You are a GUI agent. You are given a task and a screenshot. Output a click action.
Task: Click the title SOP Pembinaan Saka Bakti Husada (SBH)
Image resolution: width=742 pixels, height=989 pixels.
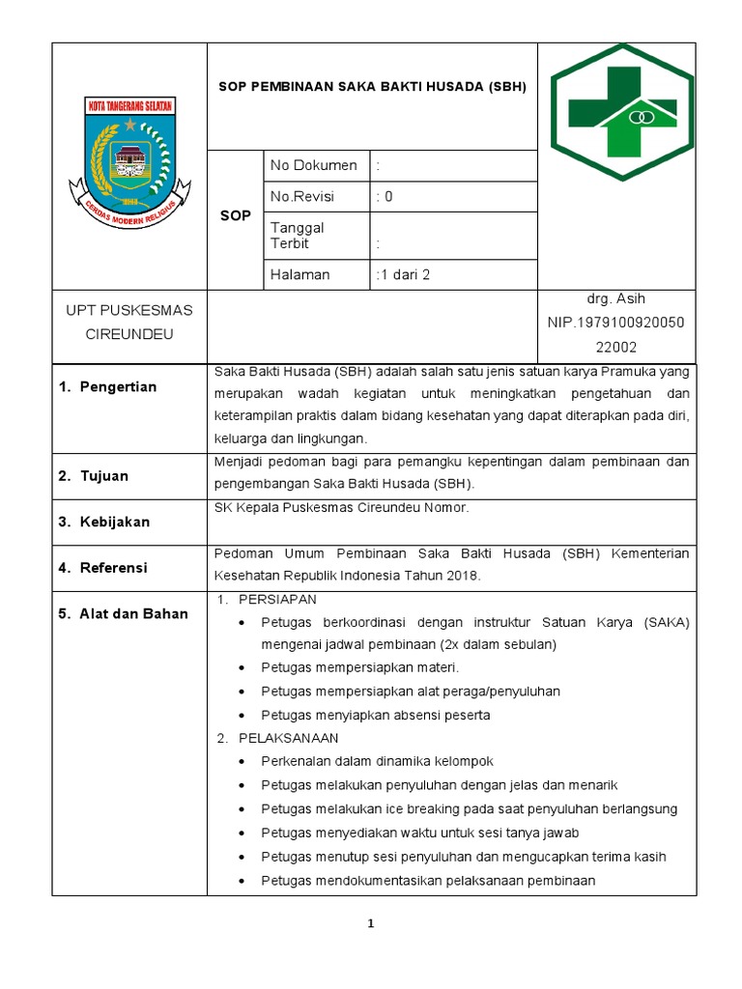pyautogui.click(x=372, y=86)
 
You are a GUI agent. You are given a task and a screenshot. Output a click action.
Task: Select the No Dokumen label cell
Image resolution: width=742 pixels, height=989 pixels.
pyautogui.click(x=314, y=165)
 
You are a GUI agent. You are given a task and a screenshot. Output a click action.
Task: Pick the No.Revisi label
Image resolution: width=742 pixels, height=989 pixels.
pyautogui.click(x=302, y=196)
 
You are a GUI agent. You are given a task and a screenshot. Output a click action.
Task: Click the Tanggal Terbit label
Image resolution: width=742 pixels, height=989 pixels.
pyautogui.click(x=298, y=236)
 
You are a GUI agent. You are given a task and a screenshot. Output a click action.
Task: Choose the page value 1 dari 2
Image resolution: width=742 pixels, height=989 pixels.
pyautogui.click(x=403, y=274)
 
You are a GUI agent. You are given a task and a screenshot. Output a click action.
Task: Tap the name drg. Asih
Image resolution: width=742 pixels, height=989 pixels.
pyautogui.click(x=615, y=298)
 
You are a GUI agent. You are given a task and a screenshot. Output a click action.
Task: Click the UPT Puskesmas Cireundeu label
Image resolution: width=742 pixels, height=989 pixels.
pyautogui.click(x=128, y=323)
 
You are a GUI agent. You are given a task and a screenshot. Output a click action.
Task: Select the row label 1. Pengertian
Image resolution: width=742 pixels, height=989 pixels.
pyautogui.click(x=106, y=387)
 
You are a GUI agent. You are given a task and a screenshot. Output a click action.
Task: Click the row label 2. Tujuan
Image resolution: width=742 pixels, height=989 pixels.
pyautogui.click(x=93, y=476)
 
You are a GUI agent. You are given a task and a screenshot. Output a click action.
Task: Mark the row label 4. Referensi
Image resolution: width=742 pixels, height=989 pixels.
pyautogui.click(x=102, y=569)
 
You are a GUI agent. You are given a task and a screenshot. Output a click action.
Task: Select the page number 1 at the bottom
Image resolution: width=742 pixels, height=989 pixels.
pyautogui.click(x=370, y=924)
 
